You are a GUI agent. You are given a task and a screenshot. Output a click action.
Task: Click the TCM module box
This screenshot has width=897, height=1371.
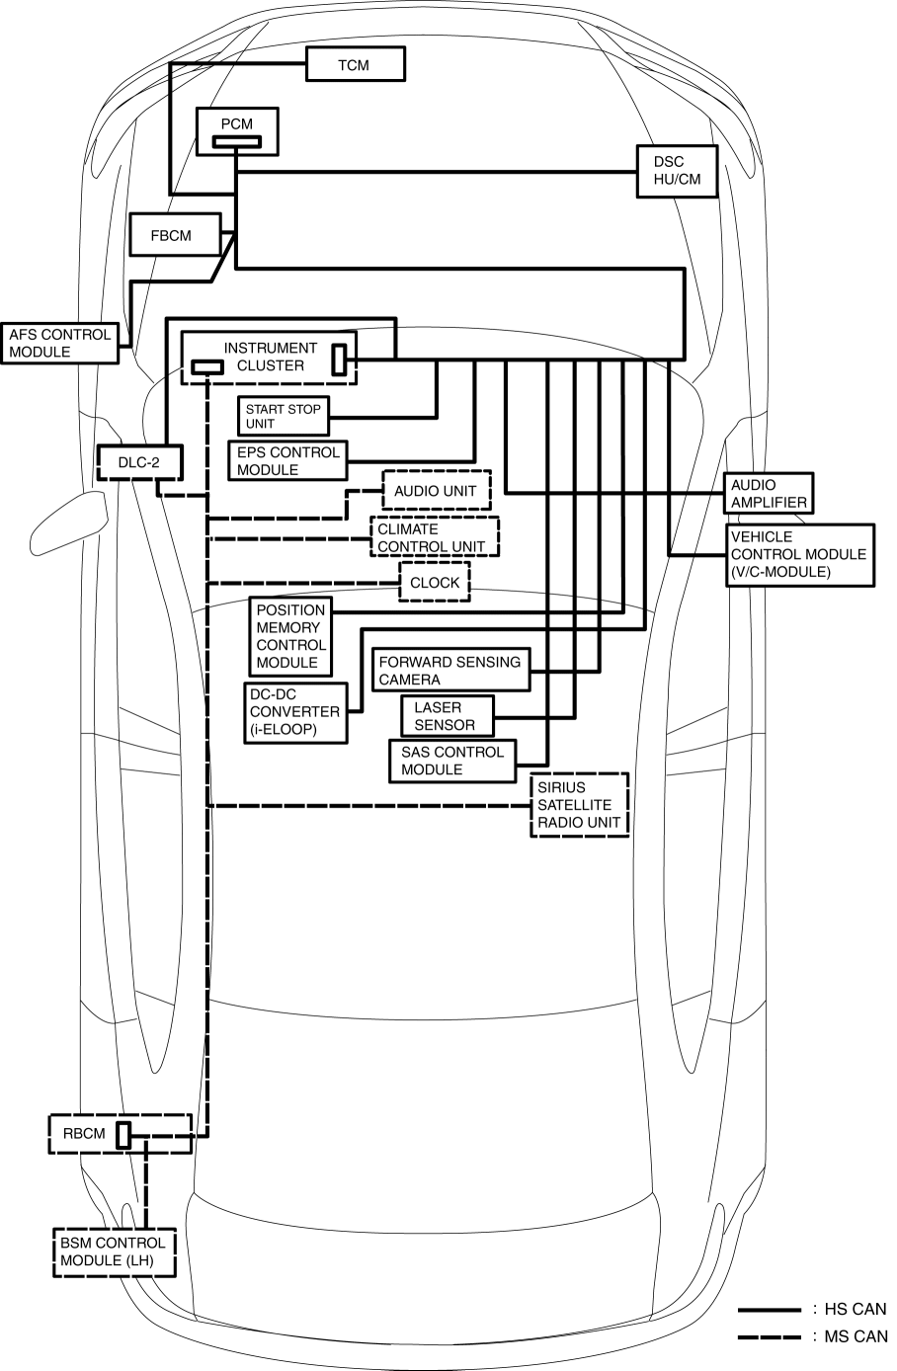pos(355,65)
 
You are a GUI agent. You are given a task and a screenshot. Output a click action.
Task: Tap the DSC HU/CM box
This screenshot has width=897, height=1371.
pos(677,170)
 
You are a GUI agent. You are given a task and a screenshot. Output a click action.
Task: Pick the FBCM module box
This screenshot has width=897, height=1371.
pos(172,236)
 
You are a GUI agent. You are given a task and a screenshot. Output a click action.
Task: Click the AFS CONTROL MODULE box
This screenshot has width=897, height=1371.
pos(59,343)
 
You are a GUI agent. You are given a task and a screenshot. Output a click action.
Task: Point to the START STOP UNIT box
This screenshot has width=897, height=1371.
pos(284,416)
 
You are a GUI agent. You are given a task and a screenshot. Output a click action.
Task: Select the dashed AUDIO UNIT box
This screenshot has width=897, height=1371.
pos(436,490)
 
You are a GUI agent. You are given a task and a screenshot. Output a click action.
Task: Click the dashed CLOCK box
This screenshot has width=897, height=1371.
pos(435,583)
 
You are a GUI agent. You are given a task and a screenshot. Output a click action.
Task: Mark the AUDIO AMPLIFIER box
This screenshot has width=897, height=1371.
pos(769,493)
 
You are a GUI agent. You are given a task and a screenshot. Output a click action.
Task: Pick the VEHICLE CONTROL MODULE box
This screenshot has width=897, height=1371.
pos(799,554)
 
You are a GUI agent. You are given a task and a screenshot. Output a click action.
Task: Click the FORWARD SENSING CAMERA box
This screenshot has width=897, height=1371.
pos(450,671)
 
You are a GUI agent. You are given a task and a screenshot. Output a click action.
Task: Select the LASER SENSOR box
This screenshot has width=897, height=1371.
pos(447,716)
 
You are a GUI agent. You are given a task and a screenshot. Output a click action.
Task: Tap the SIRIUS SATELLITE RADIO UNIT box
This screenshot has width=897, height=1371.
pos(580,804)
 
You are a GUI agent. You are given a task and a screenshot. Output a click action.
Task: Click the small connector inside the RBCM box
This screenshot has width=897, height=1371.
pos(123,1135)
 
